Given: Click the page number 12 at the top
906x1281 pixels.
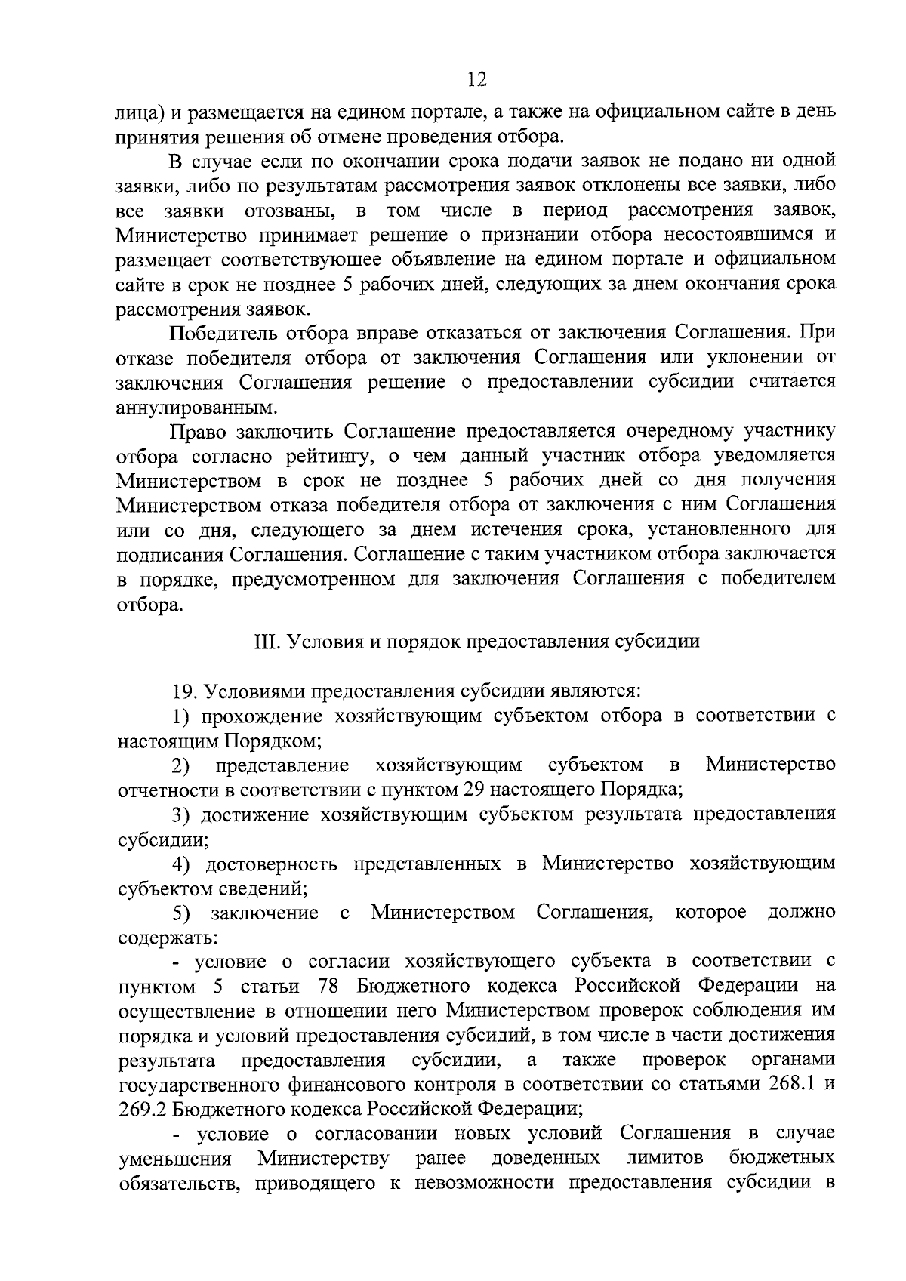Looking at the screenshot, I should click(477, 79).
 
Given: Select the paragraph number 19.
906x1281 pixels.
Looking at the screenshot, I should click(186, 691).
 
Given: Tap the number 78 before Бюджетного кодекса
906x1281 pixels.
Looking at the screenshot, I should click(332, 986).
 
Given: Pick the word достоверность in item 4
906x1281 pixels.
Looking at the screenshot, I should click(272, 864).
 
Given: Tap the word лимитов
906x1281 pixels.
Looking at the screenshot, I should click(665, 1158).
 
